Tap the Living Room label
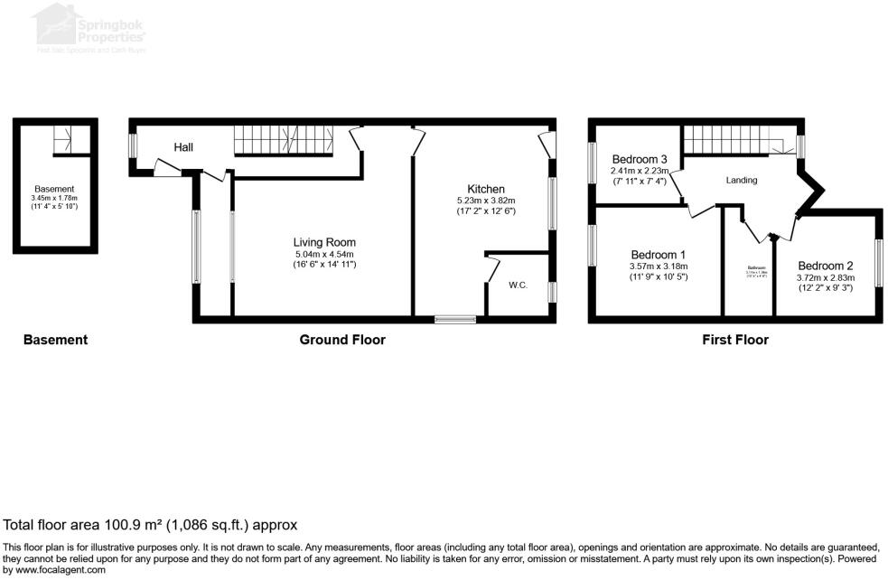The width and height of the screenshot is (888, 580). tap(324, 242)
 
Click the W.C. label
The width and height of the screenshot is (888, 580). tap(518, 285)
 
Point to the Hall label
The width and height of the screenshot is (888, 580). tap(183, 147)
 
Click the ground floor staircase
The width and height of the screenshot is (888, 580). tap(284, 140)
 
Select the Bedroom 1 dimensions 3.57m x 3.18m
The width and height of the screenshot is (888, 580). tap(659, 267)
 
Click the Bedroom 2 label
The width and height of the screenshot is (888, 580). tap(825, 266)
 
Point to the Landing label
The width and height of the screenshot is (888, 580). tap(741, 181)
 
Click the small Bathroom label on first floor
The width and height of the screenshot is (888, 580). tap(756, 267)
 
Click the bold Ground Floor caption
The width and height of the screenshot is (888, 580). tap(342, 341)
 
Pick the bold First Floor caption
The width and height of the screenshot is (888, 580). tap(734, 341)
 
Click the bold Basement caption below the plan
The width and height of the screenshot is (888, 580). tap(55, 341)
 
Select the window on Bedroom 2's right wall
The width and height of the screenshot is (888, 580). tap(878, 263)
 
